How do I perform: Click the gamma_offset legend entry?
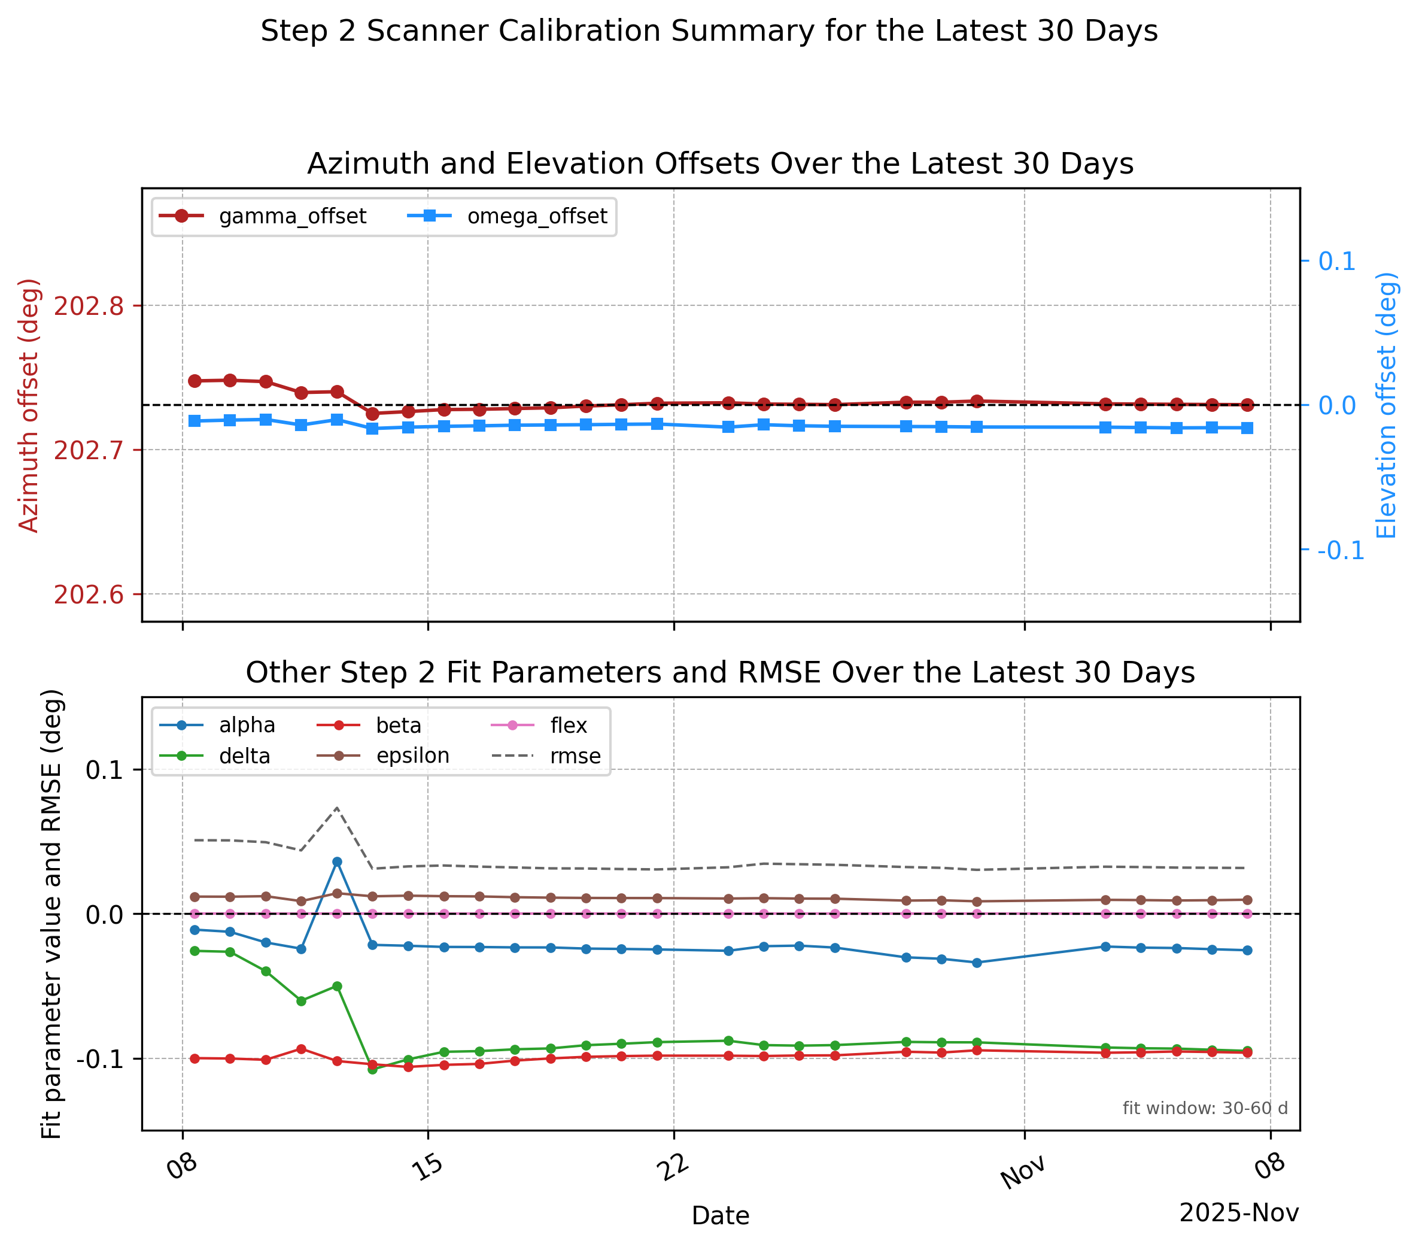[262, 216]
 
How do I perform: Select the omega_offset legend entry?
[508, 216]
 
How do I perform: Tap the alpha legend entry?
[217, 725]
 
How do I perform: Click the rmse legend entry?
[546, 756]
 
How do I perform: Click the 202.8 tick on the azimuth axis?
[88, 305]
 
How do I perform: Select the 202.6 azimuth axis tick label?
[88, 594]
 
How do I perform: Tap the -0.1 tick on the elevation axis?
[1341, 550]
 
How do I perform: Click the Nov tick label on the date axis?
[1023, 1173]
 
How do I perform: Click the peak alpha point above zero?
[337, 861]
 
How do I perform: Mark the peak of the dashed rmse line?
[337, 808]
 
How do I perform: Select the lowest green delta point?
[372, 1069]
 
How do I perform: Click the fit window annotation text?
[1205, 1108]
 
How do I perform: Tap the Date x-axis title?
[721, 1215]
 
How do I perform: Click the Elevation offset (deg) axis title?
[1385, 405]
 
